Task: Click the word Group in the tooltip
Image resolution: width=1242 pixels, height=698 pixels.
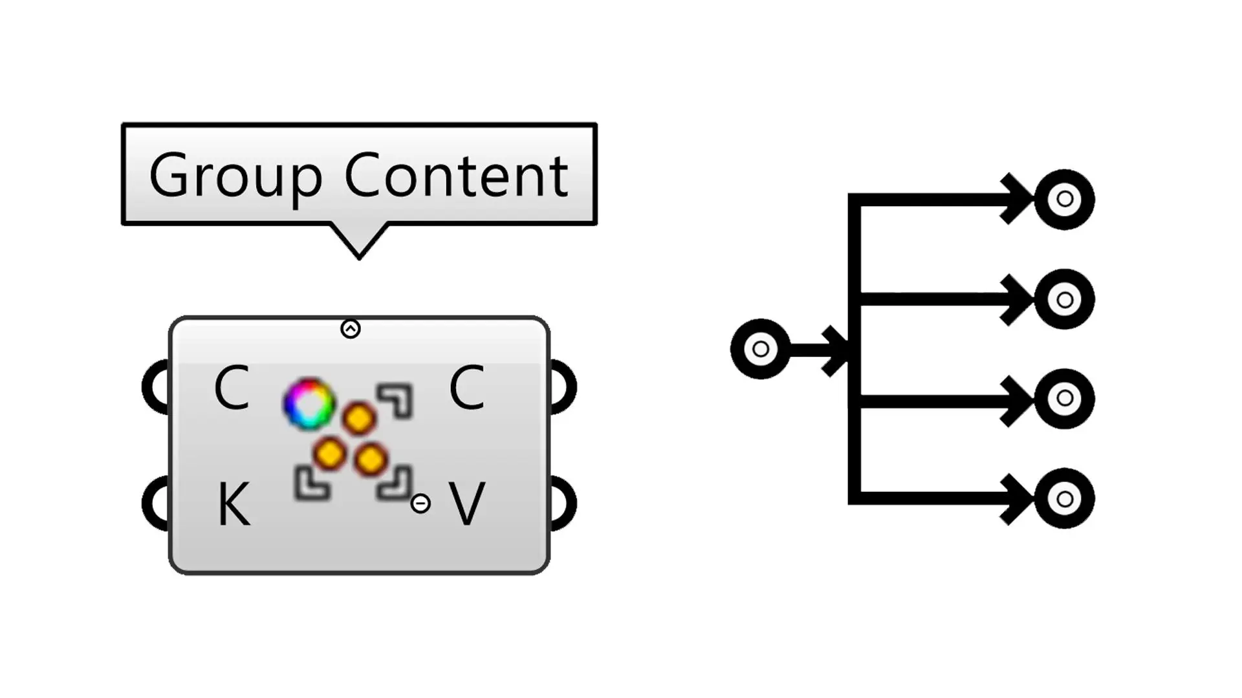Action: (x=235, y=176)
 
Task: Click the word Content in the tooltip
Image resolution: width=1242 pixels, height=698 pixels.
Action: (x=457, y=176)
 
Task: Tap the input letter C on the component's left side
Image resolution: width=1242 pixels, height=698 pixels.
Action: (x=232, y=388)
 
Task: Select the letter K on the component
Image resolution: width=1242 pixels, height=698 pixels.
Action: (x=233, y=505)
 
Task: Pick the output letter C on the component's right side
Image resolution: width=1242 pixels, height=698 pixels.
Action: (x=466, y=388)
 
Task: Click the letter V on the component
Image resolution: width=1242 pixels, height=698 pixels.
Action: (x=467, y=505)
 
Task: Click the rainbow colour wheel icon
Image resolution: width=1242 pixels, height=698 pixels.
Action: (x=309, y=404)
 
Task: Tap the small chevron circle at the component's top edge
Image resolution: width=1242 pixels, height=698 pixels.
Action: (x=351, y=329)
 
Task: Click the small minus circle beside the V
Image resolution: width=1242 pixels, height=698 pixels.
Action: (x=420, y=503)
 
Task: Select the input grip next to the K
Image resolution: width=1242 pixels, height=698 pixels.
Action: (x=154, y=503)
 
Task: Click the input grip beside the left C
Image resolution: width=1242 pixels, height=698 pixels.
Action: (x=154, y=388)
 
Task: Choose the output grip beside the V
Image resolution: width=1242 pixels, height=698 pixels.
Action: (x=564, y=503)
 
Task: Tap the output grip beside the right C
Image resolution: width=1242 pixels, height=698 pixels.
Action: (x=564, y=388)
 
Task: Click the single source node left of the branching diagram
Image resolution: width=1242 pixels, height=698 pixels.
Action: (x=760, y=349)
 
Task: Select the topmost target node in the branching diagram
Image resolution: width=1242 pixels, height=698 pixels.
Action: (x=1064, y=199)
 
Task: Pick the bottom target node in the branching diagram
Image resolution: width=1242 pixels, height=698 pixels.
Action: (x=1064, y=498)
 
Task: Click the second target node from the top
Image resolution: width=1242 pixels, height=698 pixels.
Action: (x=1064, y=299)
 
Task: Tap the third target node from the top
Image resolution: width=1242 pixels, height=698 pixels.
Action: (x=1064, y=399)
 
